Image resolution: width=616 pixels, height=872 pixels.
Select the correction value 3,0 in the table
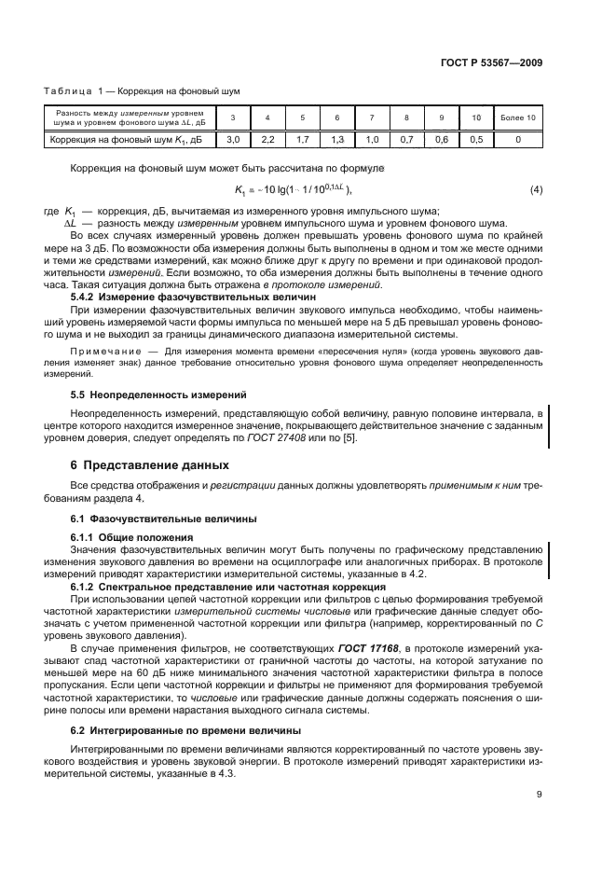click(x=234, y=140)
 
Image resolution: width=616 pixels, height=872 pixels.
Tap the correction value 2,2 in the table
click(x=268, y=140)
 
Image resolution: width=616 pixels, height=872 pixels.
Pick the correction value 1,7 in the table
click(x=303, y=140)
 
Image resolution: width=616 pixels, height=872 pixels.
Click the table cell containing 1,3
click(x=337, y=140)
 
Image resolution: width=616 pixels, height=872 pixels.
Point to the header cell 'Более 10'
click(x=518, y=118)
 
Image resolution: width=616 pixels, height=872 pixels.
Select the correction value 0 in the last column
click(x=518, y=140)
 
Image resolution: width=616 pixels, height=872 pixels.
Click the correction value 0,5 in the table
click(x=476, y=140)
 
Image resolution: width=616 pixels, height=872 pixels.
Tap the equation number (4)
click(x=536, y=191)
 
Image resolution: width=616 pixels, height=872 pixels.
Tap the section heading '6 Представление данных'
click(x=149, y=464)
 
